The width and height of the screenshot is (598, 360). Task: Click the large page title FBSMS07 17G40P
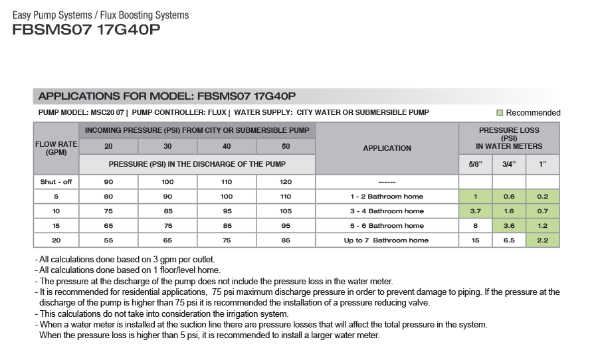tap(86, 30)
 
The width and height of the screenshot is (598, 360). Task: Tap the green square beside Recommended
tap(500, 113)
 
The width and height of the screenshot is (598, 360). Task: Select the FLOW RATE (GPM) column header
tap(56, 147)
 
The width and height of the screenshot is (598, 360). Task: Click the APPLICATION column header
tap(387, 148)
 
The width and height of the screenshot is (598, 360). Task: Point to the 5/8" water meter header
tap(475, 164)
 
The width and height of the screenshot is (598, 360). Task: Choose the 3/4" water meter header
tap(509, 164)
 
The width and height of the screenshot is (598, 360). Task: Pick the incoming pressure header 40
tap(227, 147)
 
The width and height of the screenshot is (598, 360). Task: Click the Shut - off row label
tap(56, 182)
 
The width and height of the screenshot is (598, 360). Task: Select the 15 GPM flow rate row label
tap(56, 226)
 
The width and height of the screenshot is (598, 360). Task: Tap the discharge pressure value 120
tap(286, 182)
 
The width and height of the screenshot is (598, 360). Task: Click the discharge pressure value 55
tap(108, 240)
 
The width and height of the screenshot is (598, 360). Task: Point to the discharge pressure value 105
tap(286, 211)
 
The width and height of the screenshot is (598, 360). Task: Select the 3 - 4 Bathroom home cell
tap(387, 211)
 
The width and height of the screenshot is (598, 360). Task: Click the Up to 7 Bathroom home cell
tap(387, 240)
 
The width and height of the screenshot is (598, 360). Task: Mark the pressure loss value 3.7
tap(475, 211)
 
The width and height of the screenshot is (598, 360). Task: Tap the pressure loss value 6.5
tap(509, 240)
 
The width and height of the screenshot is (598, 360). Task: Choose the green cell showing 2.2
tap(542, 240)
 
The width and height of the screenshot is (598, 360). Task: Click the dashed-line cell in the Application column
tap(387, 182)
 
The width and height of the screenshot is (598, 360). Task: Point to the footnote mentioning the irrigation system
tap(163, 314)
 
